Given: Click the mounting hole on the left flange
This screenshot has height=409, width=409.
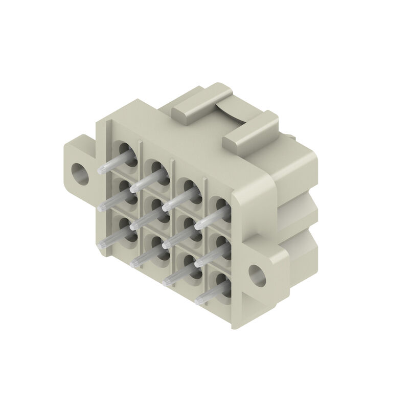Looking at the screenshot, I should pyautogui.click(x=80, y=173).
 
